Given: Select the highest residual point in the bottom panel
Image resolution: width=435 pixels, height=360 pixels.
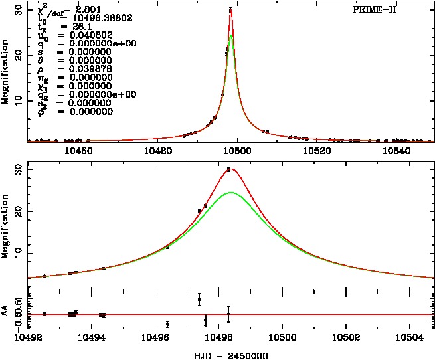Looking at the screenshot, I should coord(199,300).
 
